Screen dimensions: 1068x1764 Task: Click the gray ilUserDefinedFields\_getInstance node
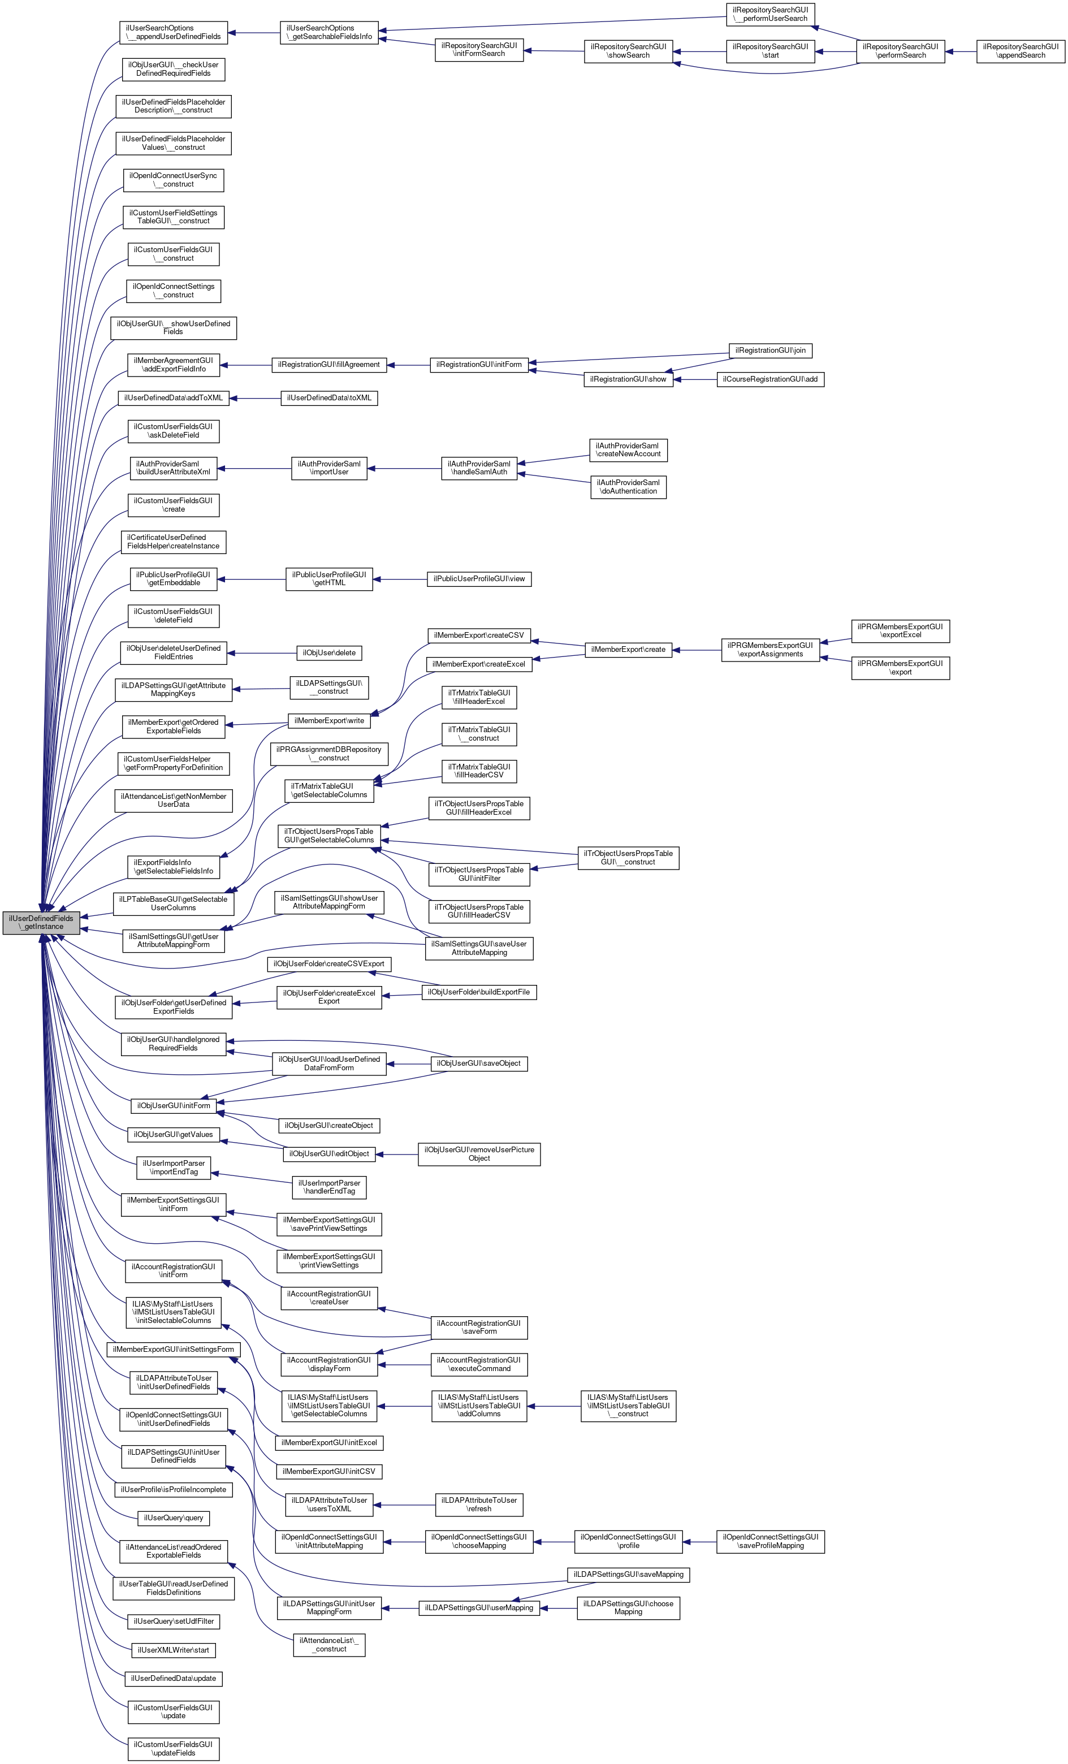[41, 922]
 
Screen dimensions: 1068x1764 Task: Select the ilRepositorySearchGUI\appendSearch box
[1020, 51]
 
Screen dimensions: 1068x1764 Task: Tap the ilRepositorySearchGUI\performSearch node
[901, 51]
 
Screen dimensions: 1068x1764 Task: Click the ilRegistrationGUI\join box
[770, 350]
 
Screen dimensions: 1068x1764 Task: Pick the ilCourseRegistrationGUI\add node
[769, 379]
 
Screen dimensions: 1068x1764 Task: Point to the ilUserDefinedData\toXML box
[329, 397]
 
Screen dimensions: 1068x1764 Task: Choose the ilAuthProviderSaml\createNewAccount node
[628, 449]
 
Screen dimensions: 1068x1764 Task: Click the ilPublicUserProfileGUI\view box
[479, 578]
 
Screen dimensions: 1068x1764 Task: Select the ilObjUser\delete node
[329, 653]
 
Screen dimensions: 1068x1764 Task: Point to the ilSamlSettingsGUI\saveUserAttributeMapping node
[479, 948]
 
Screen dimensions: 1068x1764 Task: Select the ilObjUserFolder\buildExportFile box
[479, 992]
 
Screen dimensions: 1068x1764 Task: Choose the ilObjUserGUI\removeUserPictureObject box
[479, 1153]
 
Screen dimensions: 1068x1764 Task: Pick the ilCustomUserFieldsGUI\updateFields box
[173, 1748]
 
